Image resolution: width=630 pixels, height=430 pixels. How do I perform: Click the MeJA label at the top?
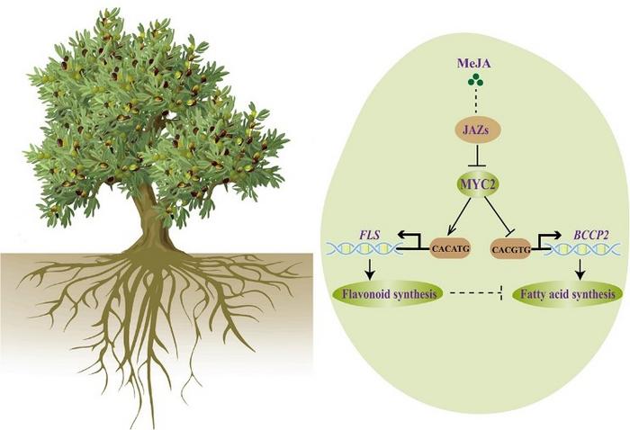click(x=474, y=63)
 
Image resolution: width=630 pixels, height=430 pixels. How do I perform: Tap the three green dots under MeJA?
click(x=475, y=80)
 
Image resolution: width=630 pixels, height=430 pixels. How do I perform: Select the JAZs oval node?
click(x=477, y=130)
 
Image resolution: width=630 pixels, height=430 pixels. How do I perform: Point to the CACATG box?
click(x=450, y=248)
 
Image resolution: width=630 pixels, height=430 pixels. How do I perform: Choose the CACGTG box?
click(x=511, y=249)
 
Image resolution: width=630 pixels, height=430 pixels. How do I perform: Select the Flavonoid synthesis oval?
click(x=388, y=294)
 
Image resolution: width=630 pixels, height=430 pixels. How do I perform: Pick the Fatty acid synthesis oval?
click(x=568, y=294)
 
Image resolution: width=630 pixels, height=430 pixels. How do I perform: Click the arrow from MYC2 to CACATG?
click(x=460, y=216)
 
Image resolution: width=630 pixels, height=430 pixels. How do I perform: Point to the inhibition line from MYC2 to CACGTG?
click(x=499, y=216)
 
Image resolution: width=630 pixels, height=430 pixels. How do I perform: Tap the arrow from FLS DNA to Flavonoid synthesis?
click(x=370, y=269)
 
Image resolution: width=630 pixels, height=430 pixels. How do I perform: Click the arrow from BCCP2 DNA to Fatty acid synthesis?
click(x=580, y=269)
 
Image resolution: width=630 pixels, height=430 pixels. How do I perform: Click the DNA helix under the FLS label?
click(x=362, y=249)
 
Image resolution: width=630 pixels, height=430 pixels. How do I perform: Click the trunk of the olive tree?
click(x=150, y=219)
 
